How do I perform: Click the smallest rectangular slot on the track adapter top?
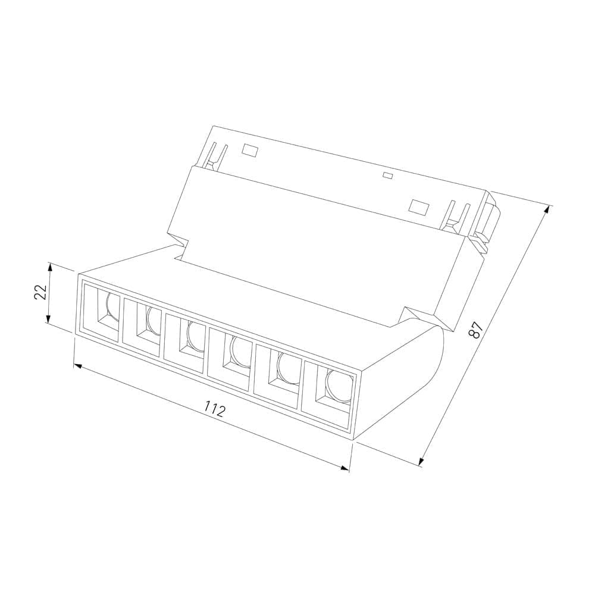(388, 175)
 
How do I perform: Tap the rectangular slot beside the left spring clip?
(250, 151)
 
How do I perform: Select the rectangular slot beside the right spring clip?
(419, 206)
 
